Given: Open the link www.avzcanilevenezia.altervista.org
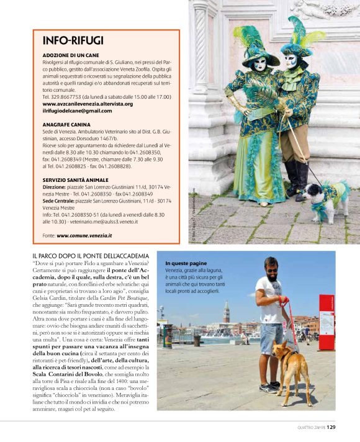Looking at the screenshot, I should (88, 104).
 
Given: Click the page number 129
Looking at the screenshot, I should (331, 427).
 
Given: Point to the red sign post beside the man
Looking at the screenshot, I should (326, 322).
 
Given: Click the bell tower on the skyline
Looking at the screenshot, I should (227, 310).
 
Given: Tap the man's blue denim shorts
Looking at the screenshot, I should (271, 337).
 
